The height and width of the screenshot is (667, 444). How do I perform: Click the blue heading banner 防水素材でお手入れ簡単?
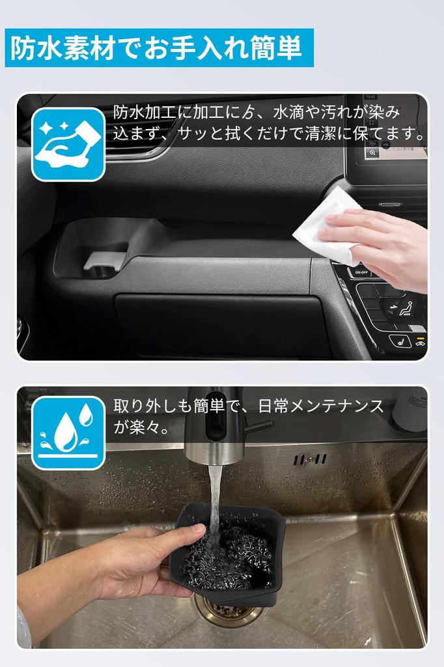tap(159, 48)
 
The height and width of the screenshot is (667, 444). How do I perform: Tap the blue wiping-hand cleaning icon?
tap(68, 145)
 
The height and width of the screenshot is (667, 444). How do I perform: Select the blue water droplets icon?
tap(68, 433)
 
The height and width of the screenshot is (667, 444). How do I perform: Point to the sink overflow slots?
tap(309, 459)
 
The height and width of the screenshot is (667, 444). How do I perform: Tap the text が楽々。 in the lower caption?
tap(141, 428)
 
